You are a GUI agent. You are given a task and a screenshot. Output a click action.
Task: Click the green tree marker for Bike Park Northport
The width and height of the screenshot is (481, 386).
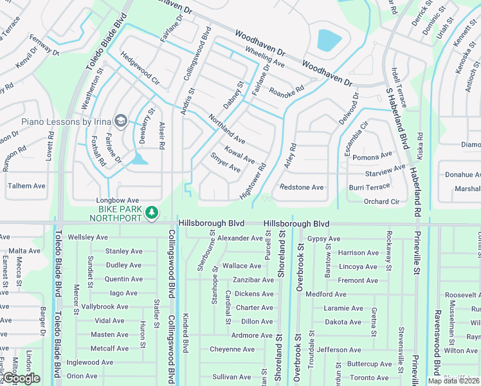151,212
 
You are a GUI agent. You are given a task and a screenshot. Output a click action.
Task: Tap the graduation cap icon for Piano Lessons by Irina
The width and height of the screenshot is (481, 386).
120,121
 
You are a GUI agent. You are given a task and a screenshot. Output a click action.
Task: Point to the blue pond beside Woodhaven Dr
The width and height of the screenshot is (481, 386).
329,41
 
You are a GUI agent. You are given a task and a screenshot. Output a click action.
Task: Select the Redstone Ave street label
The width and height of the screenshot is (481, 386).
302,187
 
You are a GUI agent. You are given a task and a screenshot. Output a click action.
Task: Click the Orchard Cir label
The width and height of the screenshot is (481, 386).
381,201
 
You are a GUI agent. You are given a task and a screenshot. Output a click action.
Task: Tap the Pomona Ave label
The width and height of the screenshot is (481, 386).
372,156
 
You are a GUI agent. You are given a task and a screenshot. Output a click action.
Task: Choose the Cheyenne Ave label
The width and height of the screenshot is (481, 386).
231,349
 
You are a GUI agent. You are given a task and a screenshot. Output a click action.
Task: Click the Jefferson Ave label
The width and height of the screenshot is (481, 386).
338,350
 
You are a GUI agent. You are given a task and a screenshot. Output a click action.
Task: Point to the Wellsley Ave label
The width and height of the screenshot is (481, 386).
88,237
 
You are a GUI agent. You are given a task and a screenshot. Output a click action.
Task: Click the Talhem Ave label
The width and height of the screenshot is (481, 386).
26,186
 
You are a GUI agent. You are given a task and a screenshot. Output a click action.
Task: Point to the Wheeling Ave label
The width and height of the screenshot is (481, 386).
264,56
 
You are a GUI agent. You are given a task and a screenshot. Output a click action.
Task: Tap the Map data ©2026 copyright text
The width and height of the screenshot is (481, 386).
453,381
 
